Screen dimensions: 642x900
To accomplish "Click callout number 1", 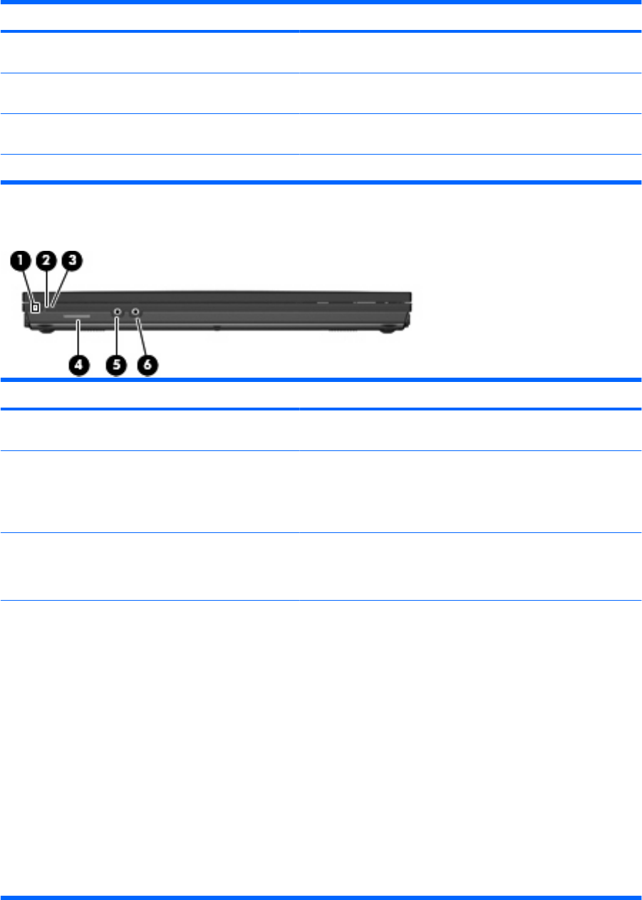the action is click(x=21, y=261).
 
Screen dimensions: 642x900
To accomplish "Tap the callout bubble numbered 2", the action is click(x=46, y=261).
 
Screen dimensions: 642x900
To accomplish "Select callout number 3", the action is click(x=72, y=261).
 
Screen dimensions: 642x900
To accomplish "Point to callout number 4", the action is click(x=78, y=364).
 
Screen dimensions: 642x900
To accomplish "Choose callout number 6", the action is click(x=147, y=364).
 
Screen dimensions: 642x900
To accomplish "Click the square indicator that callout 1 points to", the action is click(x=35, y=306).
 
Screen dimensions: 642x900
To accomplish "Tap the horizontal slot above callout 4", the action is click(x=76, y=314).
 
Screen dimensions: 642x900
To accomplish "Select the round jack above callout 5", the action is click(x=117, y=311).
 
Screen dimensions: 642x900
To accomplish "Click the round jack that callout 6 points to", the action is click(x=135, y=311).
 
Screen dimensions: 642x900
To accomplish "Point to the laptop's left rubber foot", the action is click(x=42, y=330).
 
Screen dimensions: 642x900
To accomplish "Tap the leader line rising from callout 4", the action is click(x=78, y=338).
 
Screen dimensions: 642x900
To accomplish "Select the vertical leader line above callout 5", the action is click(x=116, y=335).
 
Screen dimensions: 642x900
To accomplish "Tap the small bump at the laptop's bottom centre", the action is click(x=217, y=329).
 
